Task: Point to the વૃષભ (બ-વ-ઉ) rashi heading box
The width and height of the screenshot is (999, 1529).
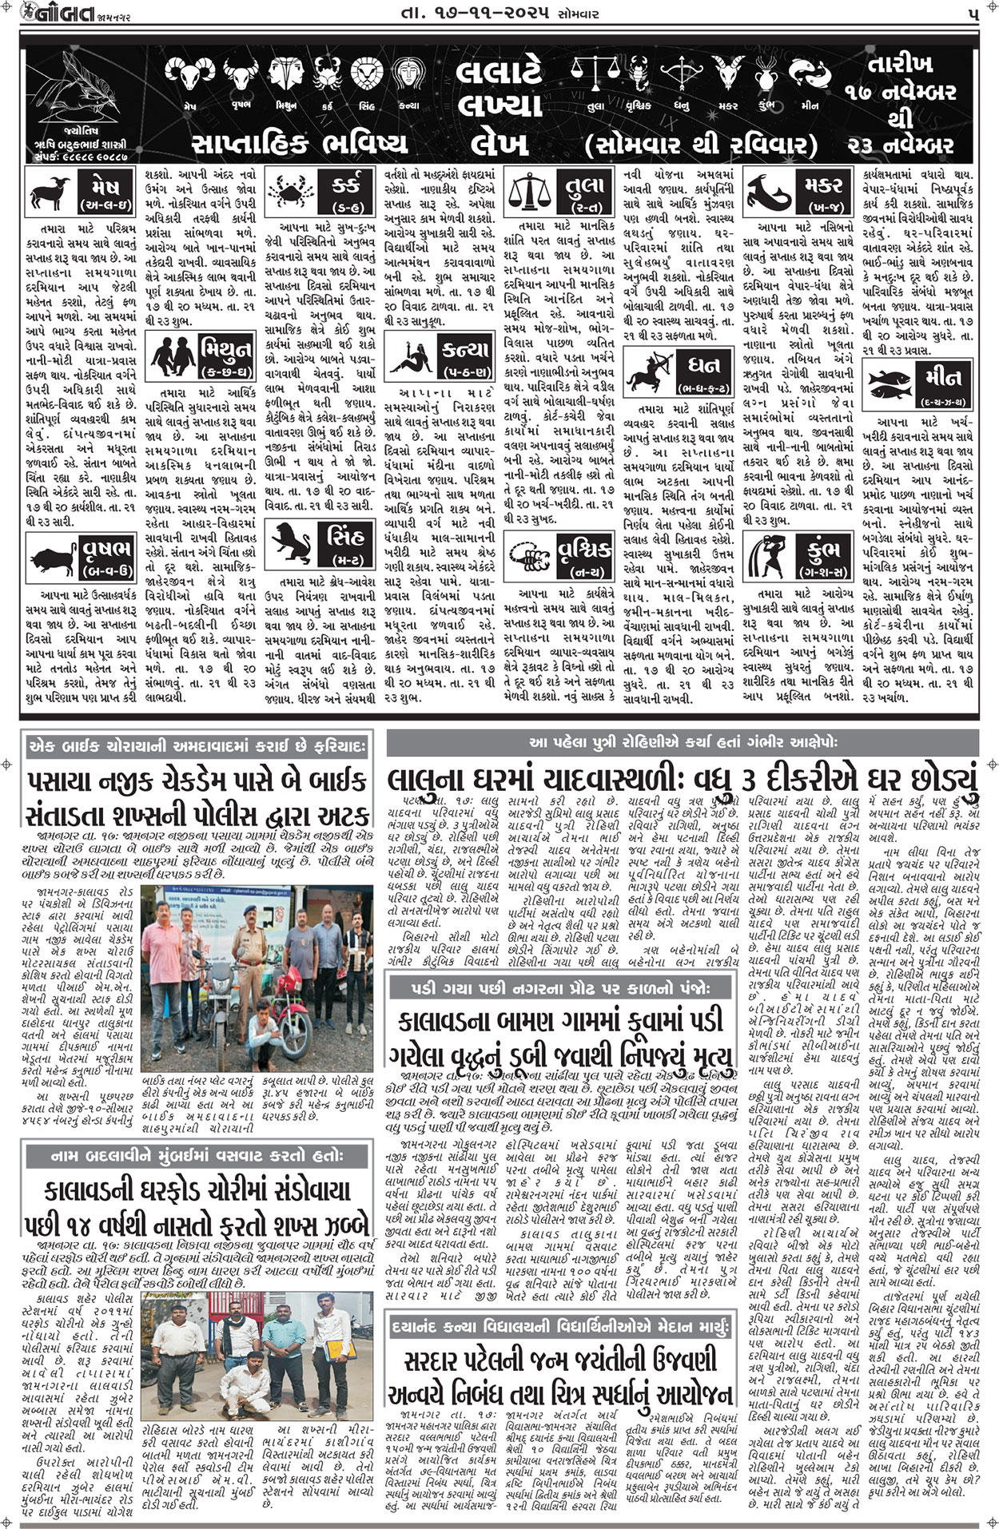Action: [104, 556]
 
